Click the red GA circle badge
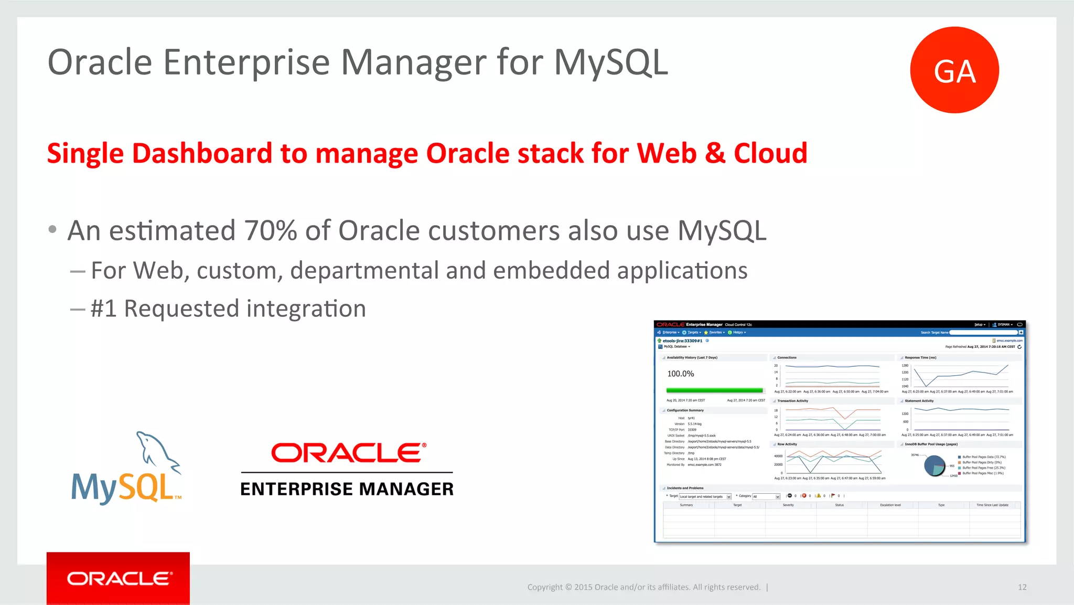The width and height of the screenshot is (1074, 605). click(954, 70)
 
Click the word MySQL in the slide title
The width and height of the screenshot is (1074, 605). click(610, 62)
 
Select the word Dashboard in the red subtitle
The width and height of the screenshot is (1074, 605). click(201, 154)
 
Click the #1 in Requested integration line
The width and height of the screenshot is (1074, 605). click(103, 309)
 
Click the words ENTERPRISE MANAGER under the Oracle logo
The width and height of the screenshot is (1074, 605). click(347, 489)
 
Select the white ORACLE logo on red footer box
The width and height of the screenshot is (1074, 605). click(119, 579)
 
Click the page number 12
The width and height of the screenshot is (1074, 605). click(1022, 587)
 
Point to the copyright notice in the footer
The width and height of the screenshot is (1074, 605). click(643, 587)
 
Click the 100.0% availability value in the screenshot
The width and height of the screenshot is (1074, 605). click(680, 374)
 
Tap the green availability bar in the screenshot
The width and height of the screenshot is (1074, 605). click(714, 390)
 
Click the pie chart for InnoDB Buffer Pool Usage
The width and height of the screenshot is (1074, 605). click(934, 465)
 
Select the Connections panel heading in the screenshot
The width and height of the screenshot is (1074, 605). click(787, 357)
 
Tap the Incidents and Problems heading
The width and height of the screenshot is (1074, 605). click(685, 488)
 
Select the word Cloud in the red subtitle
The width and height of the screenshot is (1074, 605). click(770, 154)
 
